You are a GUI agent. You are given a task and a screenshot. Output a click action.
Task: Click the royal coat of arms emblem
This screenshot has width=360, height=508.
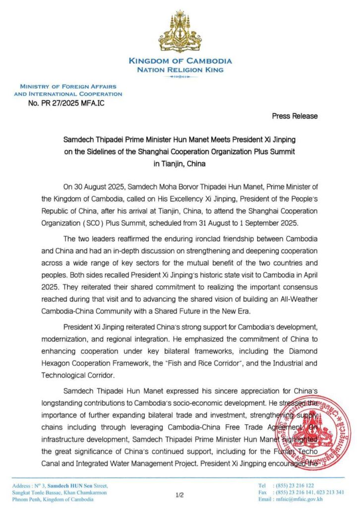[x=180, y=32]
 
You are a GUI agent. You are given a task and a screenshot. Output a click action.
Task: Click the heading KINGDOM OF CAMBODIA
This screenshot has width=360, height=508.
[x=180, y=61]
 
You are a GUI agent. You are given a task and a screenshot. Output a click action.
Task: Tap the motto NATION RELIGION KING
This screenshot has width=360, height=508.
[x=180, y=70]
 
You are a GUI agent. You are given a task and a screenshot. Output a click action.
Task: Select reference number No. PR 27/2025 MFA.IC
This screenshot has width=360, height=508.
[x=67, y=103]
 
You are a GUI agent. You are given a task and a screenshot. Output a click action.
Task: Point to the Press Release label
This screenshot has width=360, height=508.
[x=295, y=116]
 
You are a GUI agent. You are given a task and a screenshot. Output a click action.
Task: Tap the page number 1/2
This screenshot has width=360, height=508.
[x=180, y=495]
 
